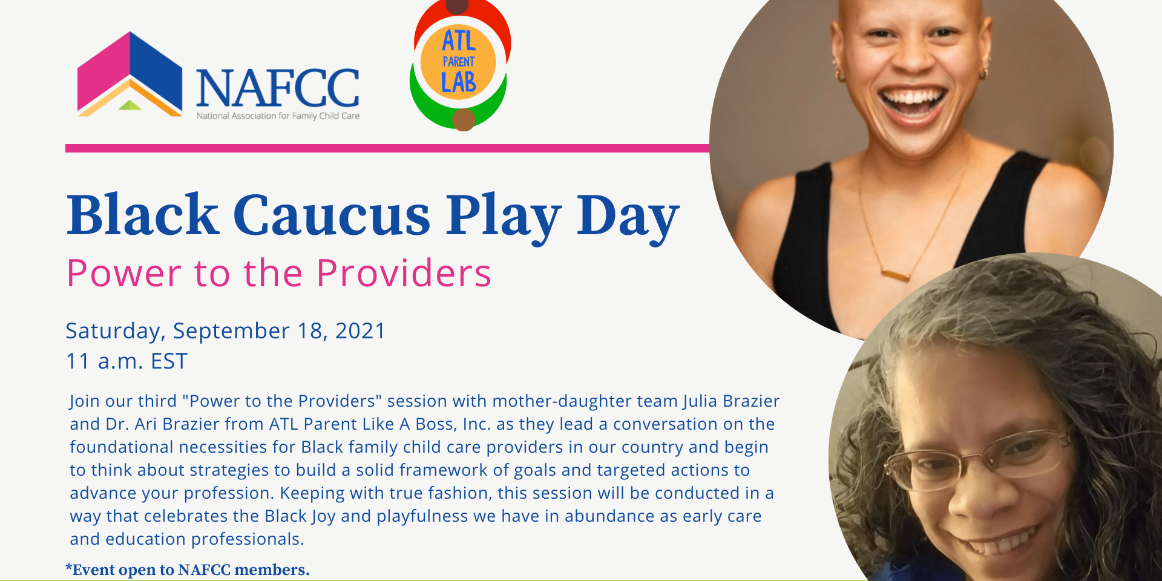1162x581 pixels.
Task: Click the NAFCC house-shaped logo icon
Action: point(130,75)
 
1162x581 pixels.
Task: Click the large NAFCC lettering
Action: point(278,88)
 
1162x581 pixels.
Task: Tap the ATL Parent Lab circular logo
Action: point(459,64)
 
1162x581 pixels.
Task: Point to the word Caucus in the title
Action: point(331,215)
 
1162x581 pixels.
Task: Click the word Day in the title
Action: point(628,217)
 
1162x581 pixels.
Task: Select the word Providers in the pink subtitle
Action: point(403,274)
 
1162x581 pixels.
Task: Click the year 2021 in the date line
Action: point(360,331)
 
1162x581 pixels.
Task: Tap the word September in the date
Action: point(231,332)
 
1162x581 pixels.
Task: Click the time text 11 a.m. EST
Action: point(126,361)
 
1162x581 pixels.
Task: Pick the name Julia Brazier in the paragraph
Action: point(731,401)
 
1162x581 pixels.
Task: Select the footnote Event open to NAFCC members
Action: point(188,570)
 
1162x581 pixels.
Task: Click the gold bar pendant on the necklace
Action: point(895,276)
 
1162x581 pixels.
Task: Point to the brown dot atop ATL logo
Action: point(457,7)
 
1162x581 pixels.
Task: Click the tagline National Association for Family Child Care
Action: point(278,116)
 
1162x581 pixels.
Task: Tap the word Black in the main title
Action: point(142,215)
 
